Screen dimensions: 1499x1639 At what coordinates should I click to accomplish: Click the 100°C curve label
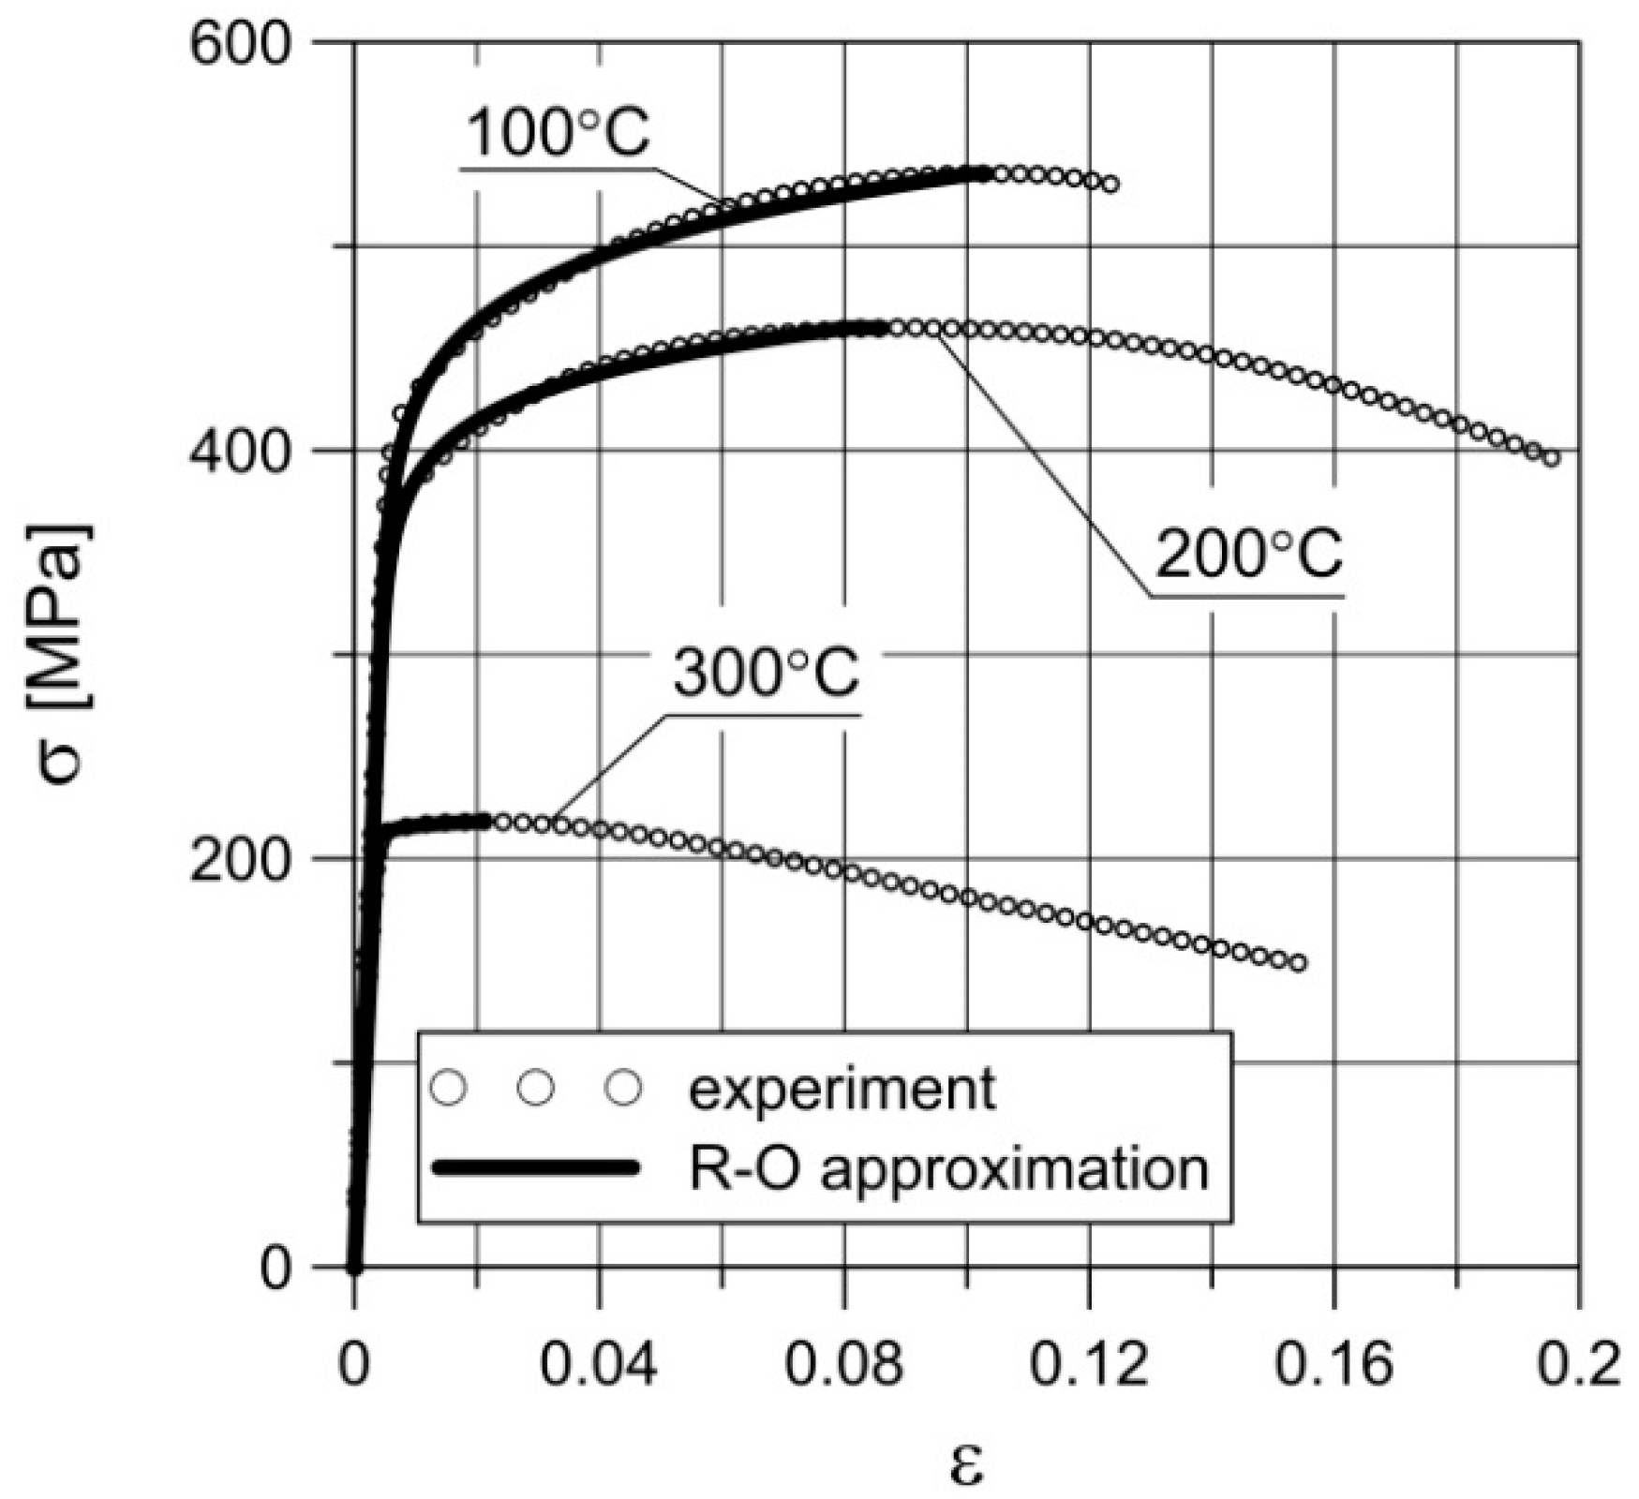(x=557, y=133)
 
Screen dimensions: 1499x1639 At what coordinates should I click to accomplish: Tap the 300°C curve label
(x=766, y=674)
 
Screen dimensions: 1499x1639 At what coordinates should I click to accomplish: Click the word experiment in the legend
(x=842, y=1089)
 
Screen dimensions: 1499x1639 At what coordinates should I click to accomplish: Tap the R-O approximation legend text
(x=948, y=1168)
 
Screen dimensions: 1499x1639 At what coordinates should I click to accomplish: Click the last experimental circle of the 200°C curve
(x=1551, y=458)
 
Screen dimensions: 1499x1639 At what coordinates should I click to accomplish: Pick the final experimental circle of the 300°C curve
(x=1298, y=963)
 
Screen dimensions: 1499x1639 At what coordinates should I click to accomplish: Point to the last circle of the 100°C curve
(x=1110, y=185)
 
